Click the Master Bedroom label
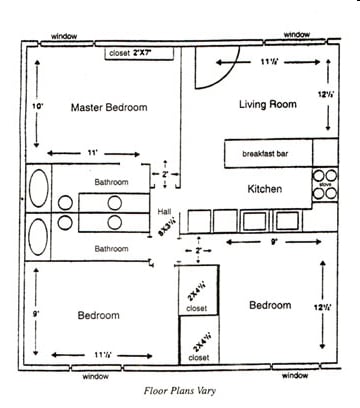(109, 107)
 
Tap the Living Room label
(268, 104)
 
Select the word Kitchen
(264, 189)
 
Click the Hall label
(166, 211)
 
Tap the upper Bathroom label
(112, 182)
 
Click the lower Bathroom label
(112, 248)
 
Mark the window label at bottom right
(296, 376)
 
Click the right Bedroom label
(270, 305)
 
